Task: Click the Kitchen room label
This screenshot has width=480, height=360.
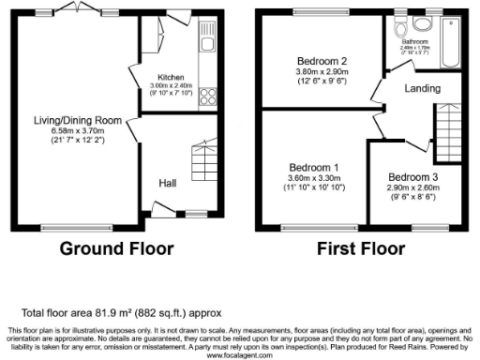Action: pyautogui.click(x=171, y=77)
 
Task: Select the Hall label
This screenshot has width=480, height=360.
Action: pyautogui.click(x=167, y=183)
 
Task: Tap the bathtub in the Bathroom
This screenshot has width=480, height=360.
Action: pyautogui.click(x=448, y=42)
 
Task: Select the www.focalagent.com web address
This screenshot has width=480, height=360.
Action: pyautogui.click(x=239, y=355)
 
